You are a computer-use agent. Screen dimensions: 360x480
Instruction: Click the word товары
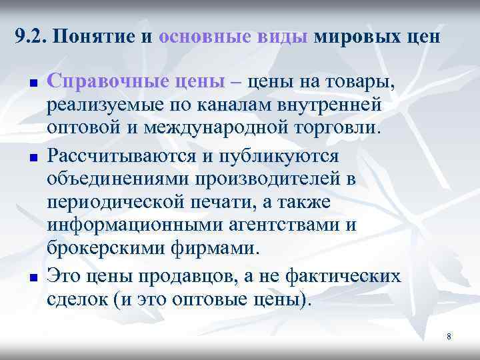pos(360,83)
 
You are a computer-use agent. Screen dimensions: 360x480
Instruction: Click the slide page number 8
pos(449,336)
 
